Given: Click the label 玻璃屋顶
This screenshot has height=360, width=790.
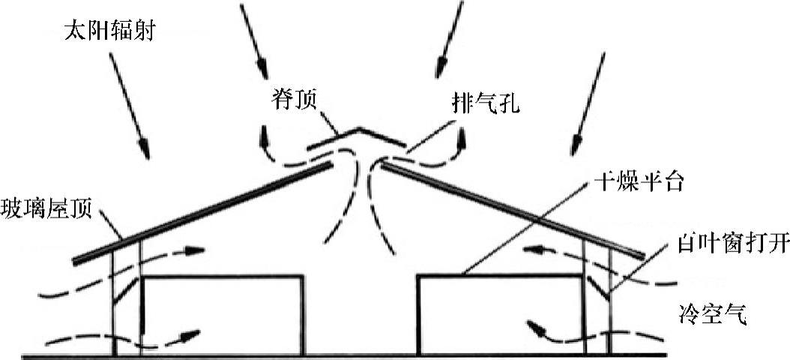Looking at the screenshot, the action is pyautogui.click(x=46, y=208).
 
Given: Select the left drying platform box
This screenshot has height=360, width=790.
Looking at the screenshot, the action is pyautogui.click(x=223, y=315).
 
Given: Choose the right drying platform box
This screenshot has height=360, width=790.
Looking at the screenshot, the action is pyautogui.click(x=498, y=315).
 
